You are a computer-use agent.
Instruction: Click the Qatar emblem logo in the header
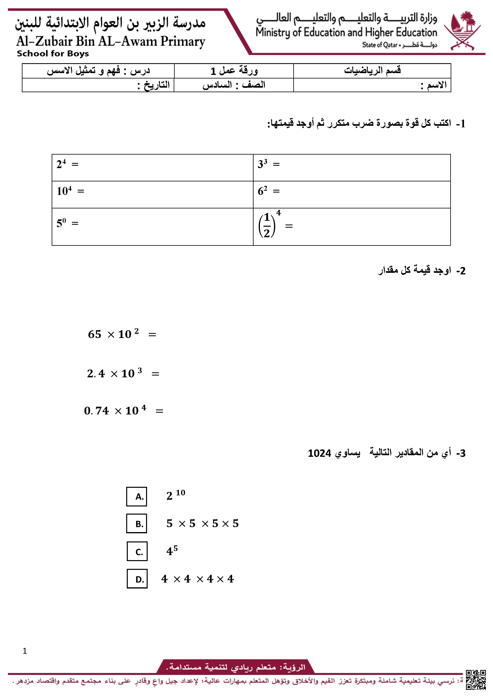coord(462,30)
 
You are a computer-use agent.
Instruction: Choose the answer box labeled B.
coord(137,523)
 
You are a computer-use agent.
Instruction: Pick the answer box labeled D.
coord(137,579)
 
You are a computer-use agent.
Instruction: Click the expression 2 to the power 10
coord(175,495)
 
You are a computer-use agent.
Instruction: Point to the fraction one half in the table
coord(267,225)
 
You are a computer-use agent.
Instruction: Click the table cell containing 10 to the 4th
coord(152,194)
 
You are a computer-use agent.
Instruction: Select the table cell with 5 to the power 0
coord(152,227)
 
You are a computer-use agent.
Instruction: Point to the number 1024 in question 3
coord(319,453)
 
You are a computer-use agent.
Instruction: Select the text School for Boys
coord(53,54)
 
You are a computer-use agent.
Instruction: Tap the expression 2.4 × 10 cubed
coord(114,373)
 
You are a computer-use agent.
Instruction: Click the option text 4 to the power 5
coord(172,550)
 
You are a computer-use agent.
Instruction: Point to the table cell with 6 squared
coord(352,194)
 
